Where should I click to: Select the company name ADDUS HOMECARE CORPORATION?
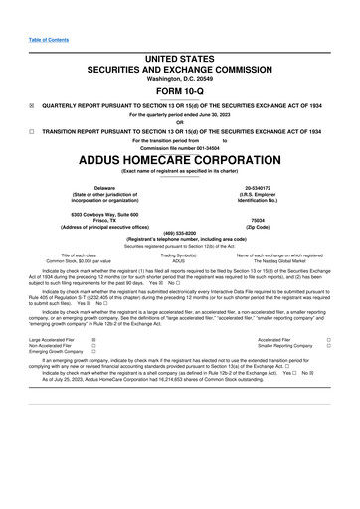click(x=180, y=158)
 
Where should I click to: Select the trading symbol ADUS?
click(x=179, y=261)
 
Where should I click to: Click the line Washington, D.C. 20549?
click(x=180, y=50)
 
